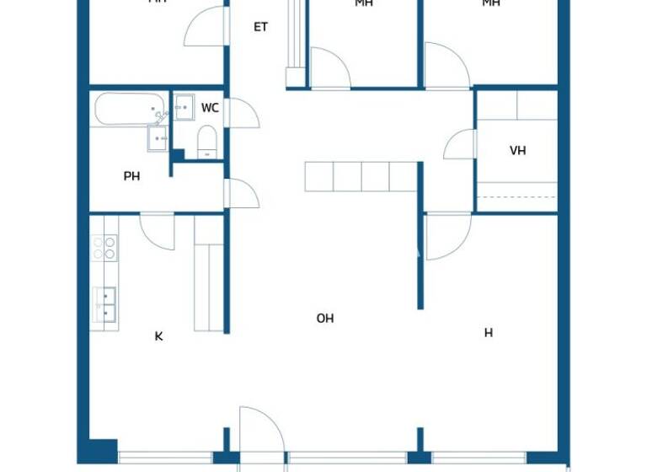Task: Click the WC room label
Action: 211,108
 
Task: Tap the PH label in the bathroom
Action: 131,176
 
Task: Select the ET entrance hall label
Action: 260,27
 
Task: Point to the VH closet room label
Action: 517,151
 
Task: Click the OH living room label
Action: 325,319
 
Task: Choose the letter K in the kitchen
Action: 158,336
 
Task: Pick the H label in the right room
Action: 488,333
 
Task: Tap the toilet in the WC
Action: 206,142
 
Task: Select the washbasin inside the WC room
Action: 184,107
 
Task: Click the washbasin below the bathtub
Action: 158,137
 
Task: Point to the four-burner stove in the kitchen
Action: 104,247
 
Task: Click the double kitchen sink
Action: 104,303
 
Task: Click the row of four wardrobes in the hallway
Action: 361,177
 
